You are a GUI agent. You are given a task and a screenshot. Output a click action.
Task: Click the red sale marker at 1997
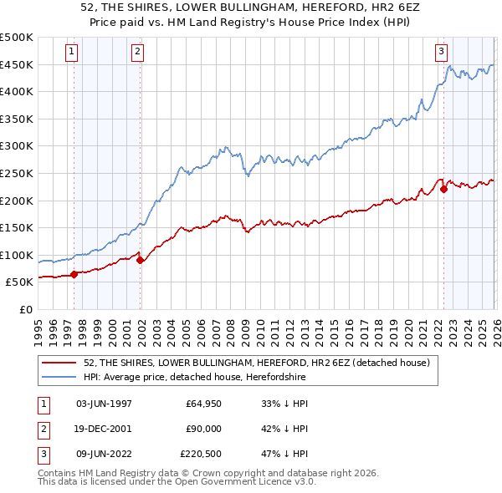click(x=74, y=273)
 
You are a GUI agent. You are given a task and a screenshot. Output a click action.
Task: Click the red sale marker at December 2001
click(x=140, y=260)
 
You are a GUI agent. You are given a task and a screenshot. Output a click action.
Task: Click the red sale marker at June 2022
click(x=443, y=189)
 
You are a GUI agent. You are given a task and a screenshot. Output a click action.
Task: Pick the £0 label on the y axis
click(x=25, y=309)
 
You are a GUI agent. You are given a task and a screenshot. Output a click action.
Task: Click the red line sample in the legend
click(x=59, y=363)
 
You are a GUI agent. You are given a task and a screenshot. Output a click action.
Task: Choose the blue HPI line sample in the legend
click(x=59, y=378)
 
